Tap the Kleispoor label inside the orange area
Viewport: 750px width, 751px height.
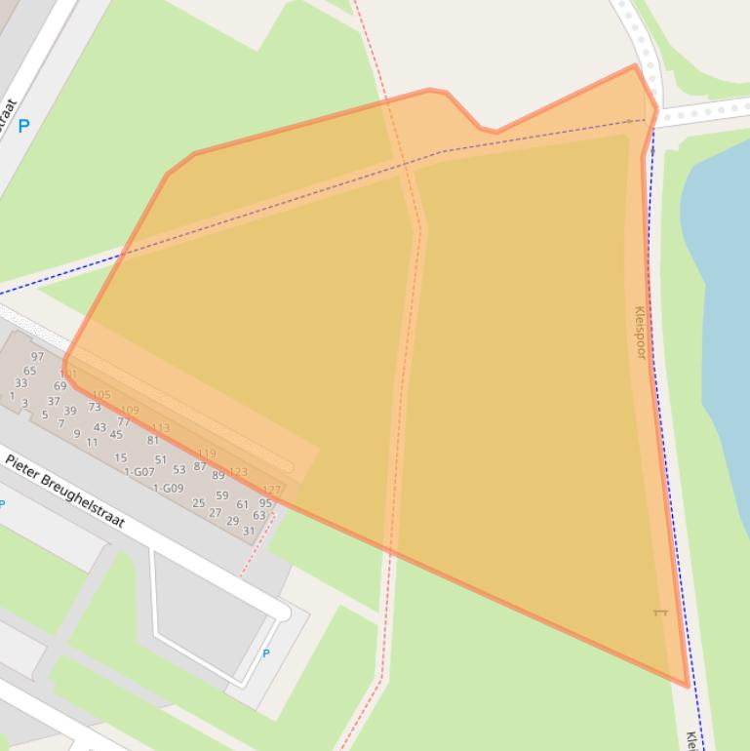641,333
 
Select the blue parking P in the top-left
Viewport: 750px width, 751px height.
24,125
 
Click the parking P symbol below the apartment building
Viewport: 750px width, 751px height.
266,653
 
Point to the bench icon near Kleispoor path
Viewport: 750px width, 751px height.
659,613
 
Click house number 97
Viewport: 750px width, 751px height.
37,357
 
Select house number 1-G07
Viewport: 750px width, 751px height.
139,472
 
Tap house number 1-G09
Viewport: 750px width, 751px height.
168,488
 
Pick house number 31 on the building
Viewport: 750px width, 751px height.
249,532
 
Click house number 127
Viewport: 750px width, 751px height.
271,490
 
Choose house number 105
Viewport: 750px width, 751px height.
100,395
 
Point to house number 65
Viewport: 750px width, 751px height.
30,371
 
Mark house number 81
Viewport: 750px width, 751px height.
153,440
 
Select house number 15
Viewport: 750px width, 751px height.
120,457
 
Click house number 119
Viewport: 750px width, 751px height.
207,455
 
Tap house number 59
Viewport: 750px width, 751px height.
222,495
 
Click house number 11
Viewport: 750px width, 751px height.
92,442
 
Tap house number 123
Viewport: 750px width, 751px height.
238,471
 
